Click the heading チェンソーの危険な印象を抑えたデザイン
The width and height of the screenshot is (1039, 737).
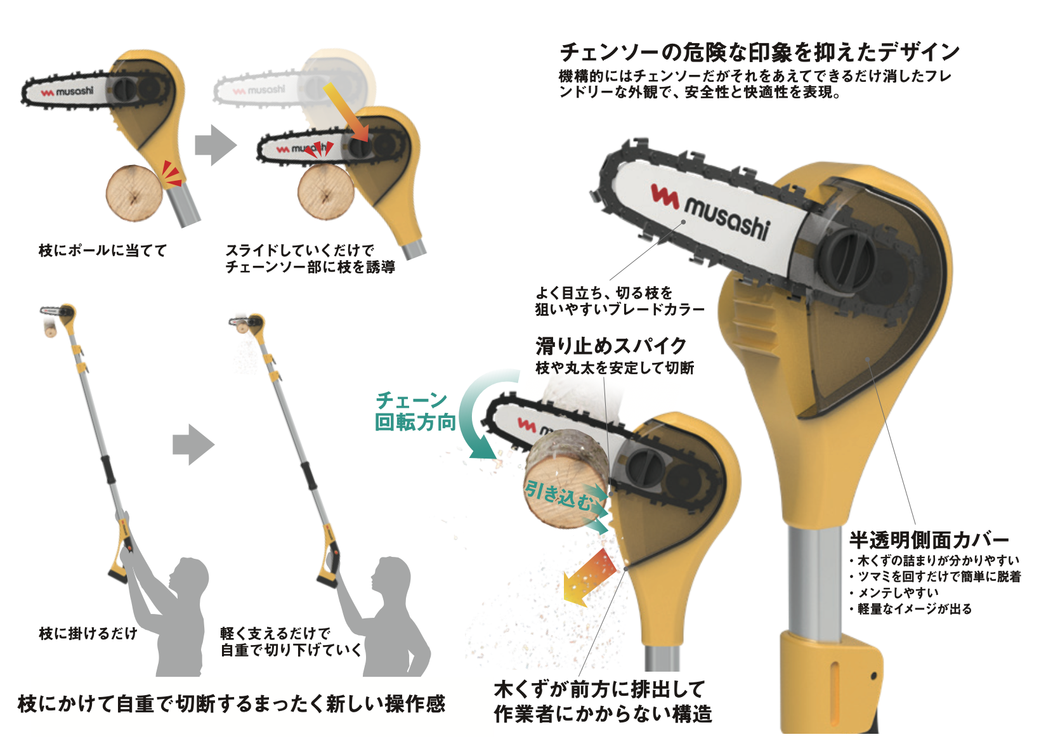759,52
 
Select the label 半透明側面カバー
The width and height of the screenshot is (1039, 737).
929,540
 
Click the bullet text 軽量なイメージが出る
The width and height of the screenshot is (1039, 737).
914,609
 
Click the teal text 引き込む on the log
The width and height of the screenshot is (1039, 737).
557,495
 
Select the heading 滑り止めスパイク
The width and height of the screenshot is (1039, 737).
611,346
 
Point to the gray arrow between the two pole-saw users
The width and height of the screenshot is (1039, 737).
193,445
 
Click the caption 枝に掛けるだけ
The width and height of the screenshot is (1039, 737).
88,633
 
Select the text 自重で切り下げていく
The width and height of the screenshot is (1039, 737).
291,650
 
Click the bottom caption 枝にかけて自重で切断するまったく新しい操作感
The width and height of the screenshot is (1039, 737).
232,703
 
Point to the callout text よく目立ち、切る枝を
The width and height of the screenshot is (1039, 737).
604,293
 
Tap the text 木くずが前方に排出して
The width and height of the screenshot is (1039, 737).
599,689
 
